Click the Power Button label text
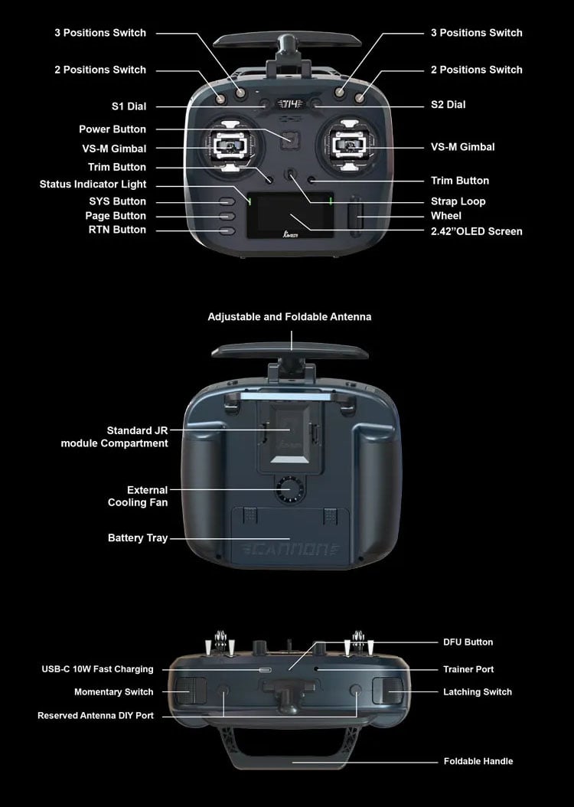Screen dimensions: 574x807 click(113, 129)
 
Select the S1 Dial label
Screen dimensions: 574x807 click(129, 106)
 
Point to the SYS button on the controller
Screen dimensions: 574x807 click(227, 202)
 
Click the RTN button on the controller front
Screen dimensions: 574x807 click(227, 231)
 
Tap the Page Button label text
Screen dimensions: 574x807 click(116, 216)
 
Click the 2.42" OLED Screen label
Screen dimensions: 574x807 click(476, 231)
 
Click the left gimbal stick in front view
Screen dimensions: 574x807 click(232, 146)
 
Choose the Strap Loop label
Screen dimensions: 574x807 click(458, 201)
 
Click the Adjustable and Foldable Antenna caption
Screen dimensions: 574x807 click(289, 317)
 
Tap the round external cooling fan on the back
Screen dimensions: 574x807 click(290, 489)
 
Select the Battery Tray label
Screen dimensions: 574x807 click(138, 537)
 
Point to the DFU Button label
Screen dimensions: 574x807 click(468, 642)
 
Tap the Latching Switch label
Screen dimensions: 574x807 click(478, 692)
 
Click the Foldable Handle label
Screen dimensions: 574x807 click(478, 761)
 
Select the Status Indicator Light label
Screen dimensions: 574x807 click(93, 185)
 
